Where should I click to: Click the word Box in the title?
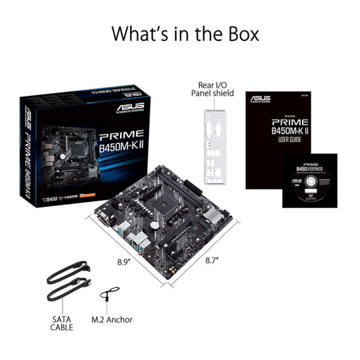click(x=236, y=33)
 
